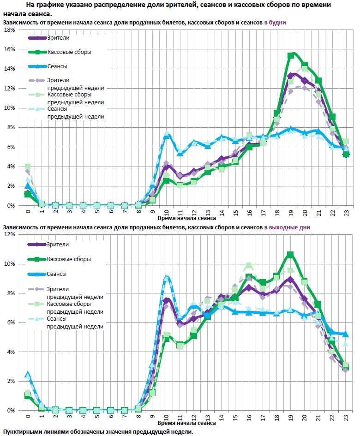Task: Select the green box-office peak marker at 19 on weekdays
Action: tap(291, 55)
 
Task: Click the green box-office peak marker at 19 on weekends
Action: tap(290, 254)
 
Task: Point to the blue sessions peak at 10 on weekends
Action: tap(166, 278)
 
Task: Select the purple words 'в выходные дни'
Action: tap(287, 227)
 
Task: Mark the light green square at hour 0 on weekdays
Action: tap(28, 167)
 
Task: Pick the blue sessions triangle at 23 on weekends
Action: tap(345, 334)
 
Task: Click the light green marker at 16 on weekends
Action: tap(249, 265)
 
